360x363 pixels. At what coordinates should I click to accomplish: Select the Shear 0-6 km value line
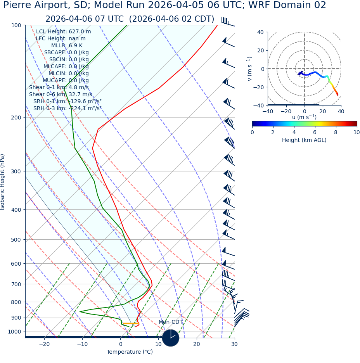61,94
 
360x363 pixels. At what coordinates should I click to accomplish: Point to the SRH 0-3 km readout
67,108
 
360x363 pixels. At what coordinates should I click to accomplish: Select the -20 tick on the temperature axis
44,344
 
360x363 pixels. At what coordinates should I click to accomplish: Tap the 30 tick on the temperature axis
234,344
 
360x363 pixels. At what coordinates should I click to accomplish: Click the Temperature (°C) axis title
130,352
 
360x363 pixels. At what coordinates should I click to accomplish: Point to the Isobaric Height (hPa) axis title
3,182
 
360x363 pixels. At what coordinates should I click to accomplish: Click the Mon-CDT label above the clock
170,322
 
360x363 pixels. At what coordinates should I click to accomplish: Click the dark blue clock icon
171,338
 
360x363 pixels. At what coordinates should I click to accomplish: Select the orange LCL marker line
131,323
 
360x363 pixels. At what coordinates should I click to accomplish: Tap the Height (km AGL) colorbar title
304,140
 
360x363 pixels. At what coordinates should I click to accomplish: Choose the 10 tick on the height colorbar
357,133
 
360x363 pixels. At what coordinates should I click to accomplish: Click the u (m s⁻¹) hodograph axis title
304,117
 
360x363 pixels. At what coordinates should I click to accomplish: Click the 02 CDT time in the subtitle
194,19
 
